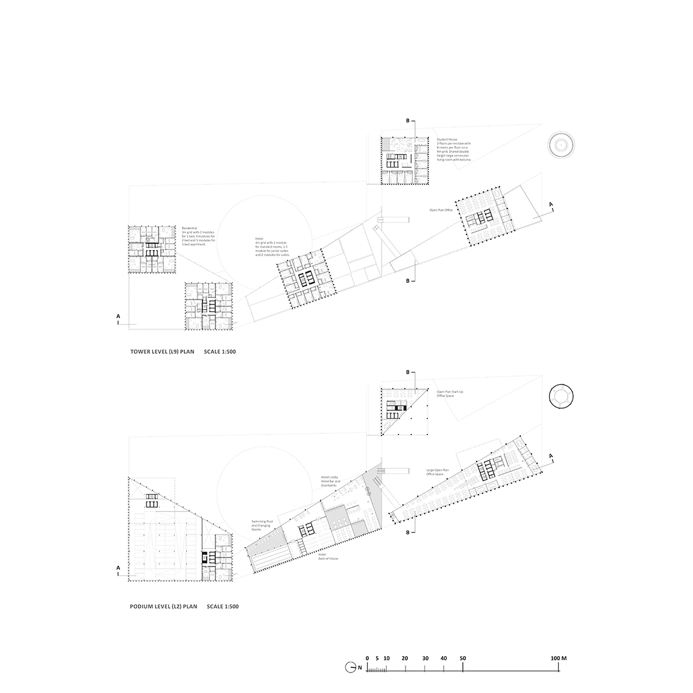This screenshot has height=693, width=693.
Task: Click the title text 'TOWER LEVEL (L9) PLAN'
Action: click(162, 351)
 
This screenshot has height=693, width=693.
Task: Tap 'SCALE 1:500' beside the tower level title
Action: click(220, 351)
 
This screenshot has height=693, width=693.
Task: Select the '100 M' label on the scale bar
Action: click(558, 659)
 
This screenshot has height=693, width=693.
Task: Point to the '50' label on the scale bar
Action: click(463, 659)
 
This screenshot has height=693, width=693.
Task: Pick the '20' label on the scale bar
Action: click(405, 659)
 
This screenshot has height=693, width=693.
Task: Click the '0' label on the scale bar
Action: click(367, 659)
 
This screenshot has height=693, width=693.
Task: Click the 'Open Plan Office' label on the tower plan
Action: click(441, 210)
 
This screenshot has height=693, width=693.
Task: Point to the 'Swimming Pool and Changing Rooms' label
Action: click(263, 524)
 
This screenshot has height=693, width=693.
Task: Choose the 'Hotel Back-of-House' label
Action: click(328, 556)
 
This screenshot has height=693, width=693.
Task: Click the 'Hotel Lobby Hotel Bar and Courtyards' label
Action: click(331, 481)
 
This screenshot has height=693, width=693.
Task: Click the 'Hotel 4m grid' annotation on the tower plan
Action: click(272, 247)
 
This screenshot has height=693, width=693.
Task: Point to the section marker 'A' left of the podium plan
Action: click(119, 568)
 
